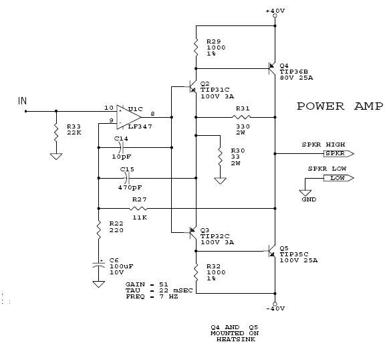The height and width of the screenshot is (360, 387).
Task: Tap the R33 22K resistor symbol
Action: point(56,132)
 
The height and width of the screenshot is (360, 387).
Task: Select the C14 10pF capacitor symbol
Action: point(121,148)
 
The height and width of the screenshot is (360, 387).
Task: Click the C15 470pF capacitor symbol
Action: point(128,178)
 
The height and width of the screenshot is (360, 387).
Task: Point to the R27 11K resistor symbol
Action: point(138,209)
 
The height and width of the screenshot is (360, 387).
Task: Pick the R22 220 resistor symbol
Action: point(99,230)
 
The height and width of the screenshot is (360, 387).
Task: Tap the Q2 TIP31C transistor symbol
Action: point(192,87)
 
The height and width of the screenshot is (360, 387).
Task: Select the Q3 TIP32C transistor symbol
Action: point(192,232)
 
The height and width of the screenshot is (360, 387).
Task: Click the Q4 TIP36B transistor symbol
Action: point(272,68)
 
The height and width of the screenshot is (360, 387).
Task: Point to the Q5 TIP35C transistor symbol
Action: point(272,252)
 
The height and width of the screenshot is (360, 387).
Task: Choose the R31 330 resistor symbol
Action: point(242,117)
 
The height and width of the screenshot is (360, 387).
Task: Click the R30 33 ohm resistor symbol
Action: point(220,157)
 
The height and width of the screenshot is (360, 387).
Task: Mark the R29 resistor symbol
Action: point(197,48)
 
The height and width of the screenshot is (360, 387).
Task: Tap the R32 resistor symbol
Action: point(197,272)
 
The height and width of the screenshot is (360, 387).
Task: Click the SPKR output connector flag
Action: point(339,154)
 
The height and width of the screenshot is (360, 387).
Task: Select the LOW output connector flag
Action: point(339,178)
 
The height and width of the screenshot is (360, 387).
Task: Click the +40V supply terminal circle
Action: point(275,16)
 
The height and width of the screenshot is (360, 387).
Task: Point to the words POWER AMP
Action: point(340,106)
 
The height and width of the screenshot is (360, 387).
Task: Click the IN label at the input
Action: point(22,101)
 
